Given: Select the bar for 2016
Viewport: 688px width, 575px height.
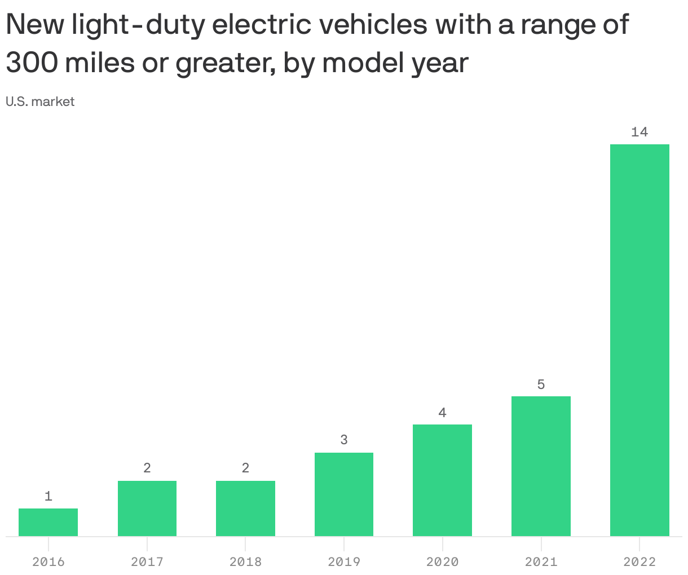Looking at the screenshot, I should pos(48,522).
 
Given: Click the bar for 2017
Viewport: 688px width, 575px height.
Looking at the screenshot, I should pos(147,508).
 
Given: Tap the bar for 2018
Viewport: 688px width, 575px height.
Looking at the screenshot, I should pos(245,508).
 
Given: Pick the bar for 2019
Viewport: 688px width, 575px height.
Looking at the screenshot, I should pos(343,494).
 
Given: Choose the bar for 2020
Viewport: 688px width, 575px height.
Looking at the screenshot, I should pos(442,480).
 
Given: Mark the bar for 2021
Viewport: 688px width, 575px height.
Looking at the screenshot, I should pos(541,466).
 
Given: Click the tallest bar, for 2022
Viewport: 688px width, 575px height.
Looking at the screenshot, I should pos(640,340).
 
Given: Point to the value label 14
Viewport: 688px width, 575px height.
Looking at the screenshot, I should pos(640,132).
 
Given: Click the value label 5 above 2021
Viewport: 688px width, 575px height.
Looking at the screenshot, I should pos(541,385).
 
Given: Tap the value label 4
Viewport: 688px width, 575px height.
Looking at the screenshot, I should pos(442,413).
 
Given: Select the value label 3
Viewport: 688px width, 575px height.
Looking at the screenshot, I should pos(343,440).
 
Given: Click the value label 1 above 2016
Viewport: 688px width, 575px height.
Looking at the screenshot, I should pos(48,497).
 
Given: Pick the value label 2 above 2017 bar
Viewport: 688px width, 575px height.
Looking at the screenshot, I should pos(147,468).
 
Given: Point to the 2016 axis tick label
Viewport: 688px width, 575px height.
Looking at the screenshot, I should pos(48,562).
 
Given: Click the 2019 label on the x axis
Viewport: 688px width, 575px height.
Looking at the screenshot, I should pos(343,562).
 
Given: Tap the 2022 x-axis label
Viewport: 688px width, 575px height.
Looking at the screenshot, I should pos(640,562).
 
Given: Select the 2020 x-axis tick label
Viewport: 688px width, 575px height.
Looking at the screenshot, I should pos(442,562).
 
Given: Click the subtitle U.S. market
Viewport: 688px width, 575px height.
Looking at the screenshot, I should pos(40,102).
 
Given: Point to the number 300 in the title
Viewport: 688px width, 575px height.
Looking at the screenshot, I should pos(31,64).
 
